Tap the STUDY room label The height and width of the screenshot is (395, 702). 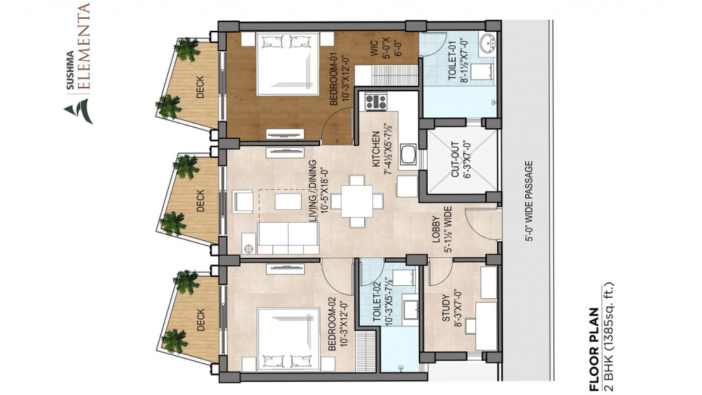(446, 308)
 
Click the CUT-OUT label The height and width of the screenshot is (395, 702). (455, 159)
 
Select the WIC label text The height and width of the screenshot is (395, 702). (375, 49)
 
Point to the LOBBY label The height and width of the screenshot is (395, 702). (437, 230)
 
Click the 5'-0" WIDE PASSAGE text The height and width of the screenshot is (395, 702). (529, 201)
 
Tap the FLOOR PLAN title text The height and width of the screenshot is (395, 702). (594, 350)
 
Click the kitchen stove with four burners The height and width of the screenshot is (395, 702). (376, 101)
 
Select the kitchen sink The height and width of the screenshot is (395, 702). (409, 154)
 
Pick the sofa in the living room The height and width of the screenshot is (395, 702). (289, 238)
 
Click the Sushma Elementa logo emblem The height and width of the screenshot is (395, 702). (79, 110)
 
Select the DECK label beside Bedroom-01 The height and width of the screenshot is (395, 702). (200, 87)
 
